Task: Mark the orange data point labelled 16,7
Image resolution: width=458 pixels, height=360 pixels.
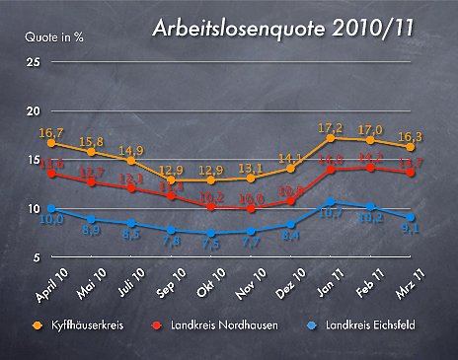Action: pos(51,143)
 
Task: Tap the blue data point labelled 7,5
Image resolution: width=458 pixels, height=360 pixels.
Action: pos(210,234)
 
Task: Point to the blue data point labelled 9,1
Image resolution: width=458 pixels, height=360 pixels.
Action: pos(410,217)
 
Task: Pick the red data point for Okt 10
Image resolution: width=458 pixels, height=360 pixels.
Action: pos(210,207)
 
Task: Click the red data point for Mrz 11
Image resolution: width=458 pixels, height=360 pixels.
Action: pos(410,172)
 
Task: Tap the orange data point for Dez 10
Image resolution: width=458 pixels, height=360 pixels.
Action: pos(290,169)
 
